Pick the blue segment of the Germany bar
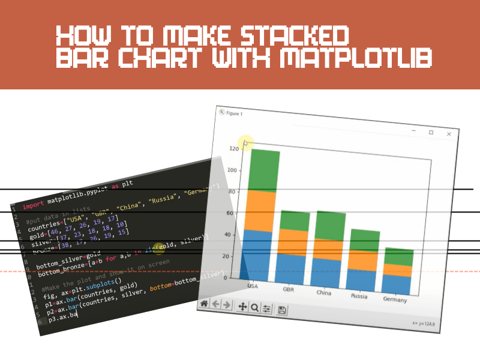(397, 284)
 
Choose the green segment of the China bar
(328, 226)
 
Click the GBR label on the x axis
(289, 288)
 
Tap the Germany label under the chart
(395, 299)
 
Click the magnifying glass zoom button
(255, 307)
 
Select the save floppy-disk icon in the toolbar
(282, 310)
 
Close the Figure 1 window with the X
(449, 134)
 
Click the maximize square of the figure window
(431, 132)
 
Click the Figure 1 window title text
(234, 113)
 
